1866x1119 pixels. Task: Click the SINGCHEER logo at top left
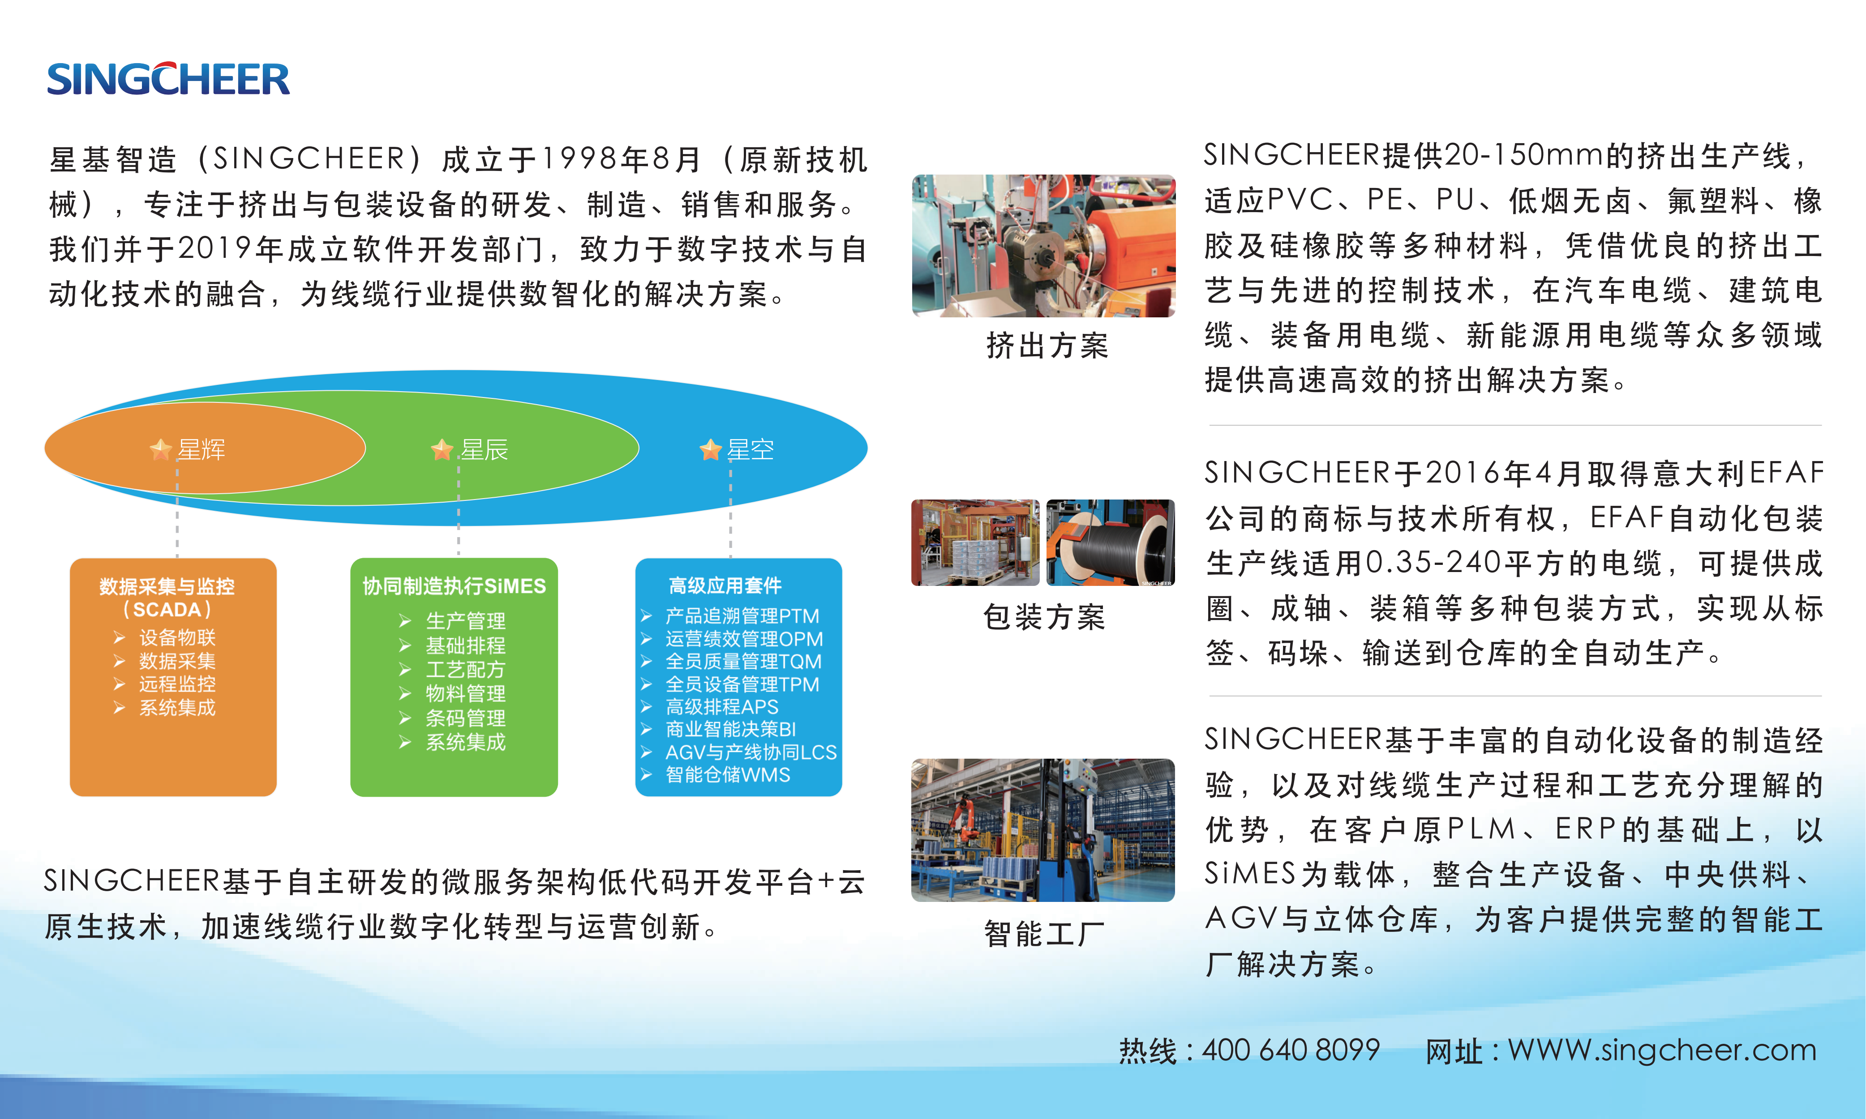[x=168, y=78]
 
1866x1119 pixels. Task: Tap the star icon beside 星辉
[x=161, y=449]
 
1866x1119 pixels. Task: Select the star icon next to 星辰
[x=442, y=449]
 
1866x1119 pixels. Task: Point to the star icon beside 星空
[x=711, y=449]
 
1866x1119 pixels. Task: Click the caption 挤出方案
[x=1047, y=346]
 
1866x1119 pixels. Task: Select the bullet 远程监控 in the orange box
[x=177, y=684]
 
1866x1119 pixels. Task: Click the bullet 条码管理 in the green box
[x=465, y=718]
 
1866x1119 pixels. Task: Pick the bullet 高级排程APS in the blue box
[x=722, y=707]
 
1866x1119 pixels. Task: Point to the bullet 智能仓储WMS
[x=728, y=774]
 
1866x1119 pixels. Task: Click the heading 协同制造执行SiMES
[x=454, y=586]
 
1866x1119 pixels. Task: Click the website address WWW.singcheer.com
[x=1662, y=1050]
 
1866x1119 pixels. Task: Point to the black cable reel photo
[x=1110, y=542]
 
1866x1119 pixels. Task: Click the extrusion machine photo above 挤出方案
[x=1043, y=246]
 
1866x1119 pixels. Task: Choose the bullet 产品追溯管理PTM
[x=742, y=616]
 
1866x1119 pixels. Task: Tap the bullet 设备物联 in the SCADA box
[x=177, y=637]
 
